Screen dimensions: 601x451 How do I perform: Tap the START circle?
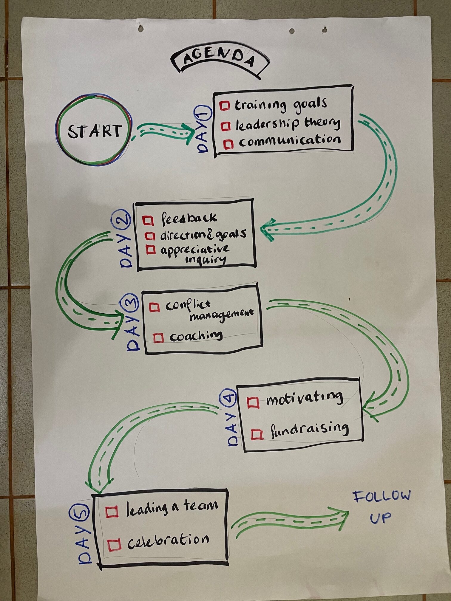(94, 130)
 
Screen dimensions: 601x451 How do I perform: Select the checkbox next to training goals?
(225, 106)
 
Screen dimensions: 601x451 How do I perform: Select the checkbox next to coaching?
(158, 338)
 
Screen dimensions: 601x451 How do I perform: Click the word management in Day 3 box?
(221, 314)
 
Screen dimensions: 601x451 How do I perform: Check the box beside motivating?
(253, 402)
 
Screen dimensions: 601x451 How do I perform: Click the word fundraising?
(309, 430)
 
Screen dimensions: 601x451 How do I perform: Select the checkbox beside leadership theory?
(226, 126)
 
